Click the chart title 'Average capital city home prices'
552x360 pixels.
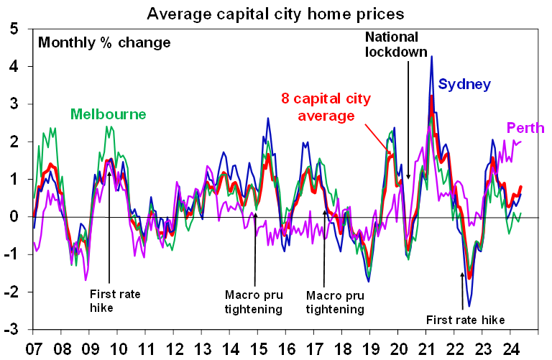(x=275, y=12)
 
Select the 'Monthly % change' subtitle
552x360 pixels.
(x=104, y=42)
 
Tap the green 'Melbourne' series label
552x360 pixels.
(x=108, y=114)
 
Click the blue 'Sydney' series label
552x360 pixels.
(x=464, y=85)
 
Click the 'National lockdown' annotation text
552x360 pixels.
(x=396, y=44)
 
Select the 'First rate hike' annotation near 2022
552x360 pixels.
(x=465, y=320)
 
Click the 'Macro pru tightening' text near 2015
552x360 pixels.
(x=253, y=302)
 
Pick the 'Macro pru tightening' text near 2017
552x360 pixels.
(x=335, y=302)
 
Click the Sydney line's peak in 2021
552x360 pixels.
(x=431, y=57)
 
